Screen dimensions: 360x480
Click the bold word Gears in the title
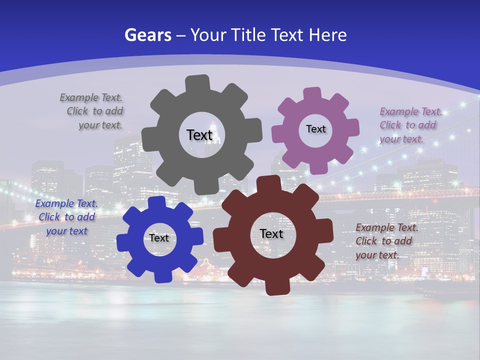[x=147, y=35]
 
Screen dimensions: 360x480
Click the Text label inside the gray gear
[x=199, y=135]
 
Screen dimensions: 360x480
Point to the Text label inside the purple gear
[x=315, y=129]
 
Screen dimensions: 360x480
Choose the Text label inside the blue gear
[x=159, y=238]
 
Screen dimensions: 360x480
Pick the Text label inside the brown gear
[x=271, y=233]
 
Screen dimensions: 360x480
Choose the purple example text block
[x=410, y=125]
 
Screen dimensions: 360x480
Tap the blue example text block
[x=66, y=217]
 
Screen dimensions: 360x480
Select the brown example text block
[x=386, y=241]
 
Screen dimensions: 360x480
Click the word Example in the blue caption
[x=54, y=203]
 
